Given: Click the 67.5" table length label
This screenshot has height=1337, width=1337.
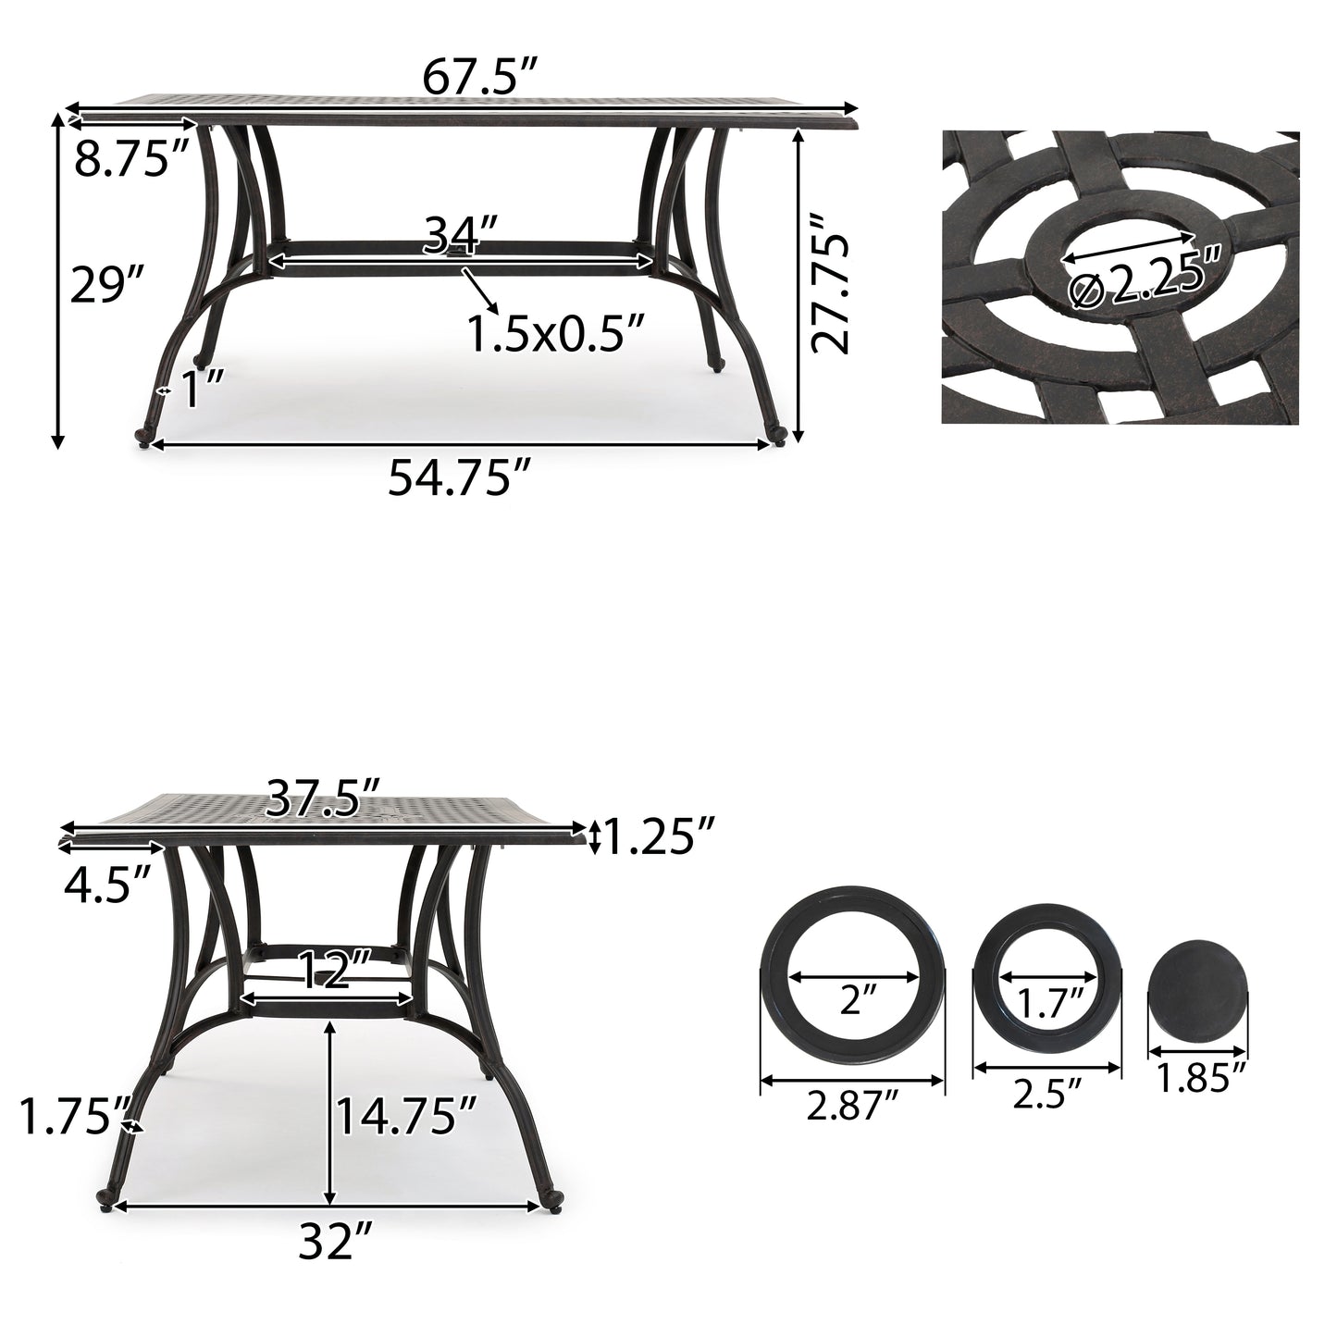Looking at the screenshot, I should [x=480, y=79].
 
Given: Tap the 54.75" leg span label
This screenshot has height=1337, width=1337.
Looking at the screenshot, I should [x=459, y=478].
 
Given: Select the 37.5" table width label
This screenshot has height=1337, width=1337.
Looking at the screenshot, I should [x=323, y=798].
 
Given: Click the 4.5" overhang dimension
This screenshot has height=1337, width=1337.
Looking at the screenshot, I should [x=107, y=885].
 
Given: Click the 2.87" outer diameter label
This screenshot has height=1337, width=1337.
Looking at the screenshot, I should [x=852, y=1107].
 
